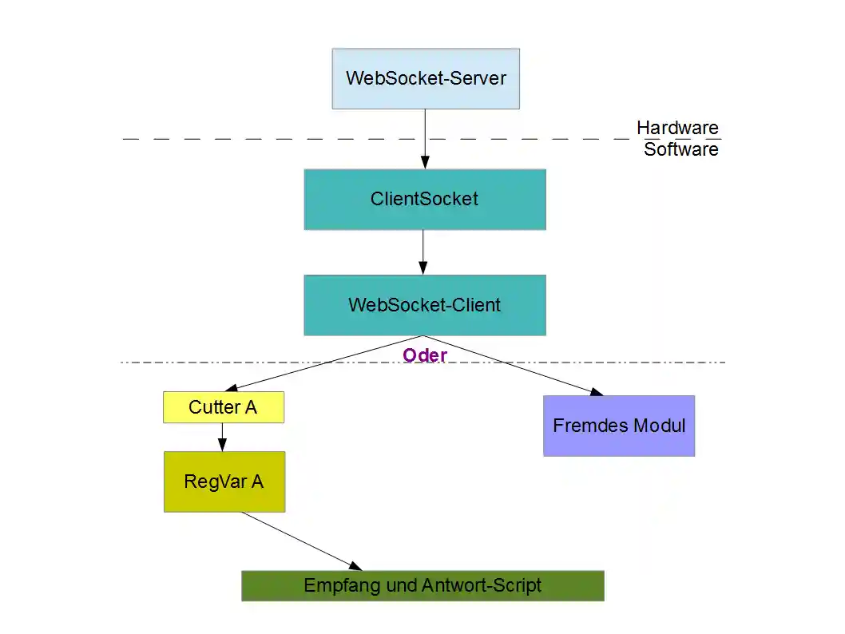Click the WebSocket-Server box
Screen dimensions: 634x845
point(426,78)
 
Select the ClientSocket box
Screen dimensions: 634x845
point(424,199)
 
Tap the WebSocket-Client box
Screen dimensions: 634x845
point(424,305)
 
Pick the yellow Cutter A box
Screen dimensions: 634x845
point(223,407)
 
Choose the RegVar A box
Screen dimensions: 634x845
point(224,481)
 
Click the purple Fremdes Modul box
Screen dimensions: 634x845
point(619,426)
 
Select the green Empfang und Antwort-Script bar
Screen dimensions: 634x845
point(422,585)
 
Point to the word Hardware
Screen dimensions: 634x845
point(677,128)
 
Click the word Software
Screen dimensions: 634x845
point(681,149)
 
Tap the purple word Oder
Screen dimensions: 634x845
point(424,355)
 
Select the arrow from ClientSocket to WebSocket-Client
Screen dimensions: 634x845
point(423,252)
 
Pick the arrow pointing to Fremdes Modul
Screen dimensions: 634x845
point(519,366)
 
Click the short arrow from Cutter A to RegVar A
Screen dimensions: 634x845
point(222,437)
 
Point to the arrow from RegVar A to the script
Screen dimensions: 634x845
point(300,540)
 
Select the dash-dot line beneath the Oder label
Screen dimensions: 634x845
point(240,363)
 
